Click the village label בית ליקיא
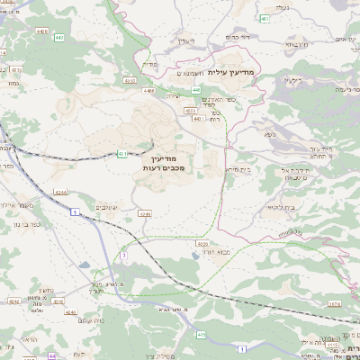tap(241, 170)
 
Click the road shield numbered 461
tap(264, 18)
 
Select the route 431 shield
tap(121, 154)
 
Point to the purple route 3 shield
tap(123, 256)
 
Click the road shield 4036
tap(202, 243)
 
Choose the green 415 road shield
tap(202, 335)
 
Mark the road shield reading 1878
tap(335, 304)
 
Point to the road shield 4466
tap(148, 91)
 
